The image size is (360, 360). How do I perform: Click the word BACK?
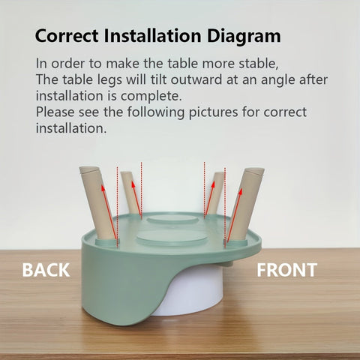pyautogui.click(x=46, y=270)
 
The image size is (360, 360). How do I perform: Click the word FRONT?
pyautogui.click(x=287, y=270)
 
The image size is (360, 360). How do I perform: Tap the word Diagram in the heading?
pyautogui.click(x=244, y=37)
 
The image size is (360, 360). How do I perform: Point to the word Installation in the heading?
pyautogui.click(x=152, y=35)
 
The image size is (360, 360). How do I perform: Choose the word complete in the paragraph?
pyautogui.click(x=151, y=97)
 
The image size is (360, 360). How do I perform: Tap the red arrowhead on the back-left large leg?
pyautogui.click(x=103, y=187)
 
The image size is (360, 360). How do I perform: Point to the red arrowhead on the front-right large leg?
pyautogui.click(x=241, y=192)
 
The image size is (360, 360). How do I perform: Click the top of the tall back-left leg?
pyautogui.click(x=89, y=170)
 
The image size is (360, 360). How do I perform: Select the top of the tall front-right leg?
pyautogui.click(x=254, y=172)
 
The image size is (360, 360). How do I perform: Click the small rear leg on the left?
pyautogui.click(x=130, y=193)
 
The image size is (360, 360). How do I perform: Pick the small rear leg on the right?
pyautogui.click(x=215, y=193)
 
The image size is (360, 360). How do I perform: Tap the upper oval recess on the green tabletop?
pyautogui.click(x=172, y=220)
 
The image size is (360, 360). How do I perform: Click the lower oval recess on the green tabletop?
pyautogui.click(x=172, y=238)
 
